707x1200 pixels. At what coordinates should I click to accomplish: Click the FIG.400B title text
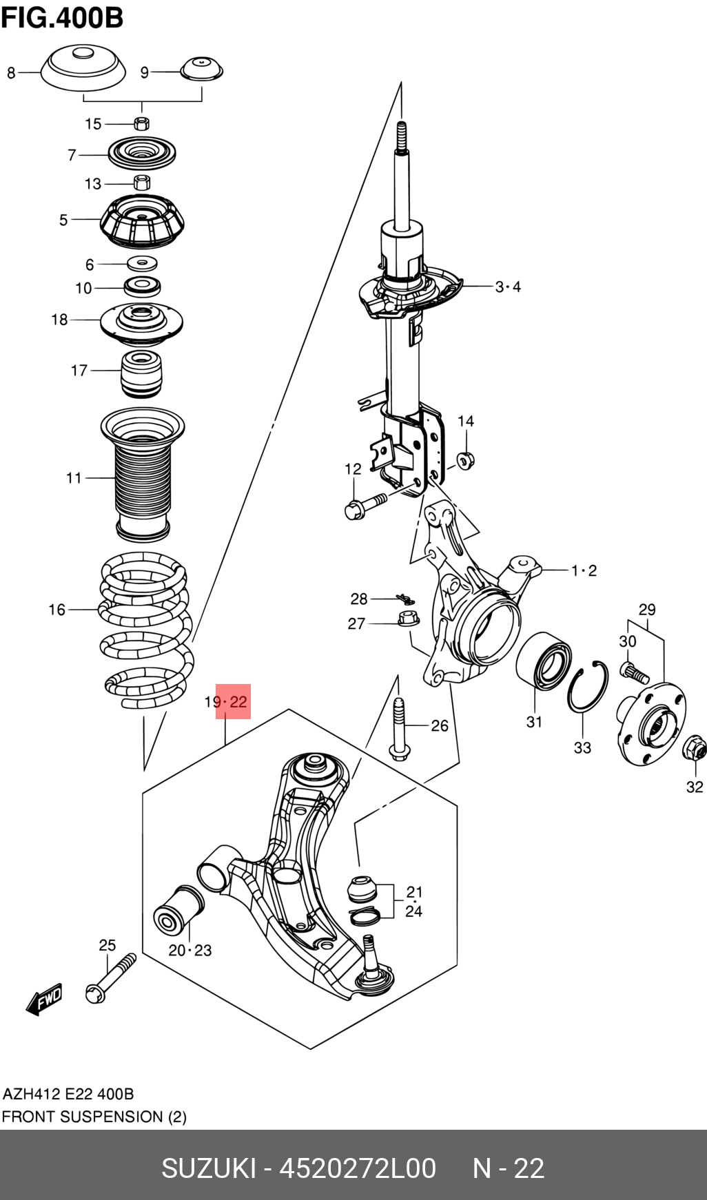click(x=62, y=17)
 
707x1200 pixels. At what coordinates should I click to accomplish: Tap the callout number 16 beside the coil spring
click(x=57, y=610)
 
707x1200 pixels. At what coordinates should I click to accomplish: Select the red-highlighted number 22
click(x=238, y=702)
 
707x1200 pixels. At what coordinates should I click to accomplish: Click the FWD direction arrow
click(x=45, y=998)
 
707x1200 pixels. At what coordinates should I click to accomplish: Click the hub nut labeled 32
click(x=694, y=748)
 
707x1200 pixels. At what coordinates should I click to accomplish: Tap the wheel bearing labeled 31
click(x=543, y=660)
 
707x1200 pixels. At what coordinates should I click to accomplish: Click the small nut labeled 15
click(x=141, y=124)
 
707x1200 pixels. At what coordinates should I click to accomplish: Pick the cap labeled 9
click(x=202, y=69)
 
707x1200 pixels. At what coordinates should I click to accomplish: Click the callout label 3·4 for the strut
click(x=508, y=287)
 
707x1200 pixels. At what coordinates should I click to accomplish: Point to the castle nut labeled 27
click(x=408, y=618)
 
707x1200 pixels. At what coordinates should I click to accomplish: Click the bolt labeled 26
click(x=399, y=730)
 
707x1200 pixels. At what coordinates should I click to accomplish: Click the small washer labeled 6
click(x=142, y=263)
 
